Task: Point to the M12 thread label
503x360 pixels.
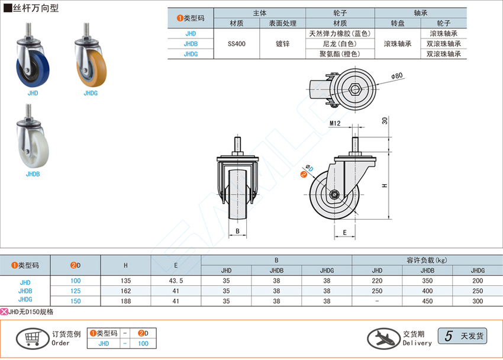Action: (x=335, y=123)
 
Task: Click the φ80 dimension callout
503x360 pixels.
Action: (x=397, y=76)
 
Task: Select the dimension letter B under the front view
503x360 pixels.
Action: (x=237, y=231)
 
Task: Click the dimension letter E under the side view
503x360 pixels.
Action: (x=344, y=233)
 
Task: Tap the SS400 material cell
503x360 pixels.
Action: (x=237, y=44)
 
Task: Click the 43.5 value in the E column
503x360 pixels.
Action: (x=176, y=281)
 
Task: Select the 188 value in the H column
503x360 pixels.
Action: (x=125, y=301)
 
